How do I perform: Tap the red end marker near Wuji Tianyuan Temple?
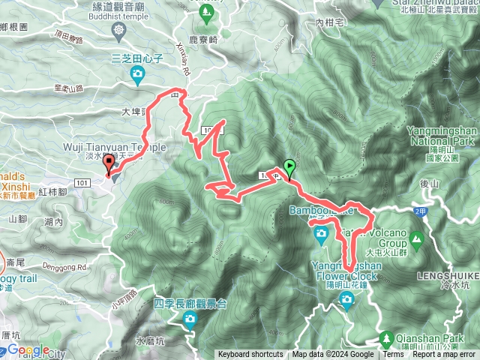(109, 164)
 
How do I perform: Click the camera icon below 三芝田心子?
(137, 73)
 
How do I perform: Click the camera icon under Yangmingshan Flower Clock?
(346, 301)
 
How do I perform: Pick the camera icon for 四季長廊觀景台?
(190, 321)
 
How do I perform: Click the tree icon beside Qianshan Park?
(386, 339)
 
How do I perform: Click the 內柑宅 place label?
(329, 23)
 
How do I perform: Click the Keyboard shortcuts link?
(250, 355)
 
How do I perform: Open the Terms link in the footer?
(393, 355)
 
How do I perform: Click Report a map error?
(445, 355)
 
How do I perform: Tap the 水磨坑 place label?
(149, 340)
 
